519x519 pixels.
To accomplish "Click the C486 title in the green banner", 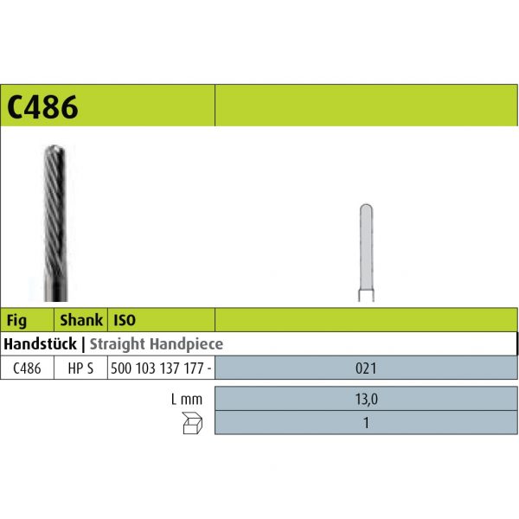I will [x=42, y=107].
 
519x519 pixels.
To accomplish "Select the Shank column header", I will [x=81, y=319].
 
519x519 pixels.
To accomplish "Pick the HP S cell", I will [x=80, y=368].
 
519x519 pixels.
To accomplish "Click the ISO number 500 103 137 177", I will [x=158, y=368].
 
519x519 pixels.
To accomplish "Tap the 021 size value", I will [x=365, y=368].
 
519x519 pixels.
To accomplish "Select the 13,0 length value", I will [x=365, y=400].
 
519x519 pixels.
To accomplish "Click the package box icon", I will [x=192, y=423].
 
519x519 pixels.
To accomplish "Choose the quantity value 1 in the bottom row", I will [x=365, y=423].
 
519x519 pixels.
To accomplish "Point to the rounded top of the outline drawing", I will [x=365, y=208].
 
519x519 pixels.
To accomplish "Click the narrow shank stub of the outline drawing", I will [x=365, y=296].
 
